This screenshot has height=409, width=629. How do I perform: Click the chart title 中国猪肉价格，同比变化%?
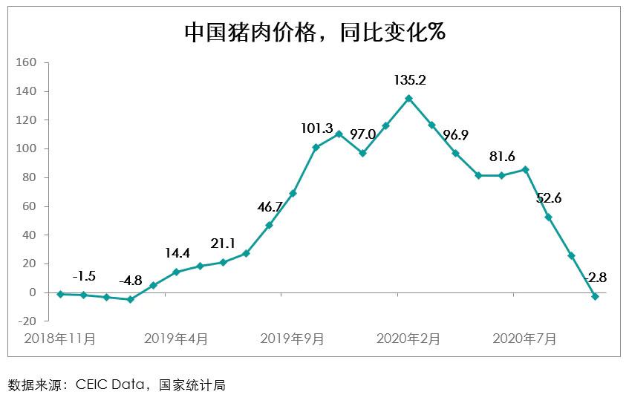tap(314, 33)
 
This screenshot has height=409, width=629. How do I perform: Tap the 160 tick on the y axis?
tap(27, 62)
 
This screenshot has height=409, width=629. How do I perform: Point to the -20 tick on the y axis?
tap(27, 321)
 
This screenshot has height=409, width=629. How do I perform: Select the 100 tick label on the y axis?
tap(27, 148)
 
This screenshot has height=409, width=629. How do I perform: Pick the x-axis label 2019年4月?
tap(176, 339)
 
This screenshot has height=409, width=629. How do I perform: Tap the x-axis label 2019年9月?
tap(293, 339)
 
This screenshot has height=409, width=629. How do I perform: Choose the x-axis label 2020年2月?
tap(408, 339)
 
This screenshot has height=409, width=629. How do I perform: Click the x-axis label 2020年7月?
tap(525, 339)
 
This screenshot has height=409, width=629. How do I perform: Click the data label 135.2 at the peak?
tap(409, 79)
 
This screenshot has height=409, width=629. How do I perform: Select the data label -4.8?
tap(131, 281)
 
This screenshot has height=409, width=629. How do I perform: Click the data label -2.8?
tap(596, 278)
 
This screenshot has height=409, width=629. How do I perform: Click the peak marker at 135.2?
tap(409, 98)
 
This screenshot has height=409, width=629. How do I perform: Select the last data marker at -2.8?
tap(595, 296)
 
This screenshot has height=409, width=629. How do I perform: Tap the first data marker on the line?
tap(60, 294)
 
